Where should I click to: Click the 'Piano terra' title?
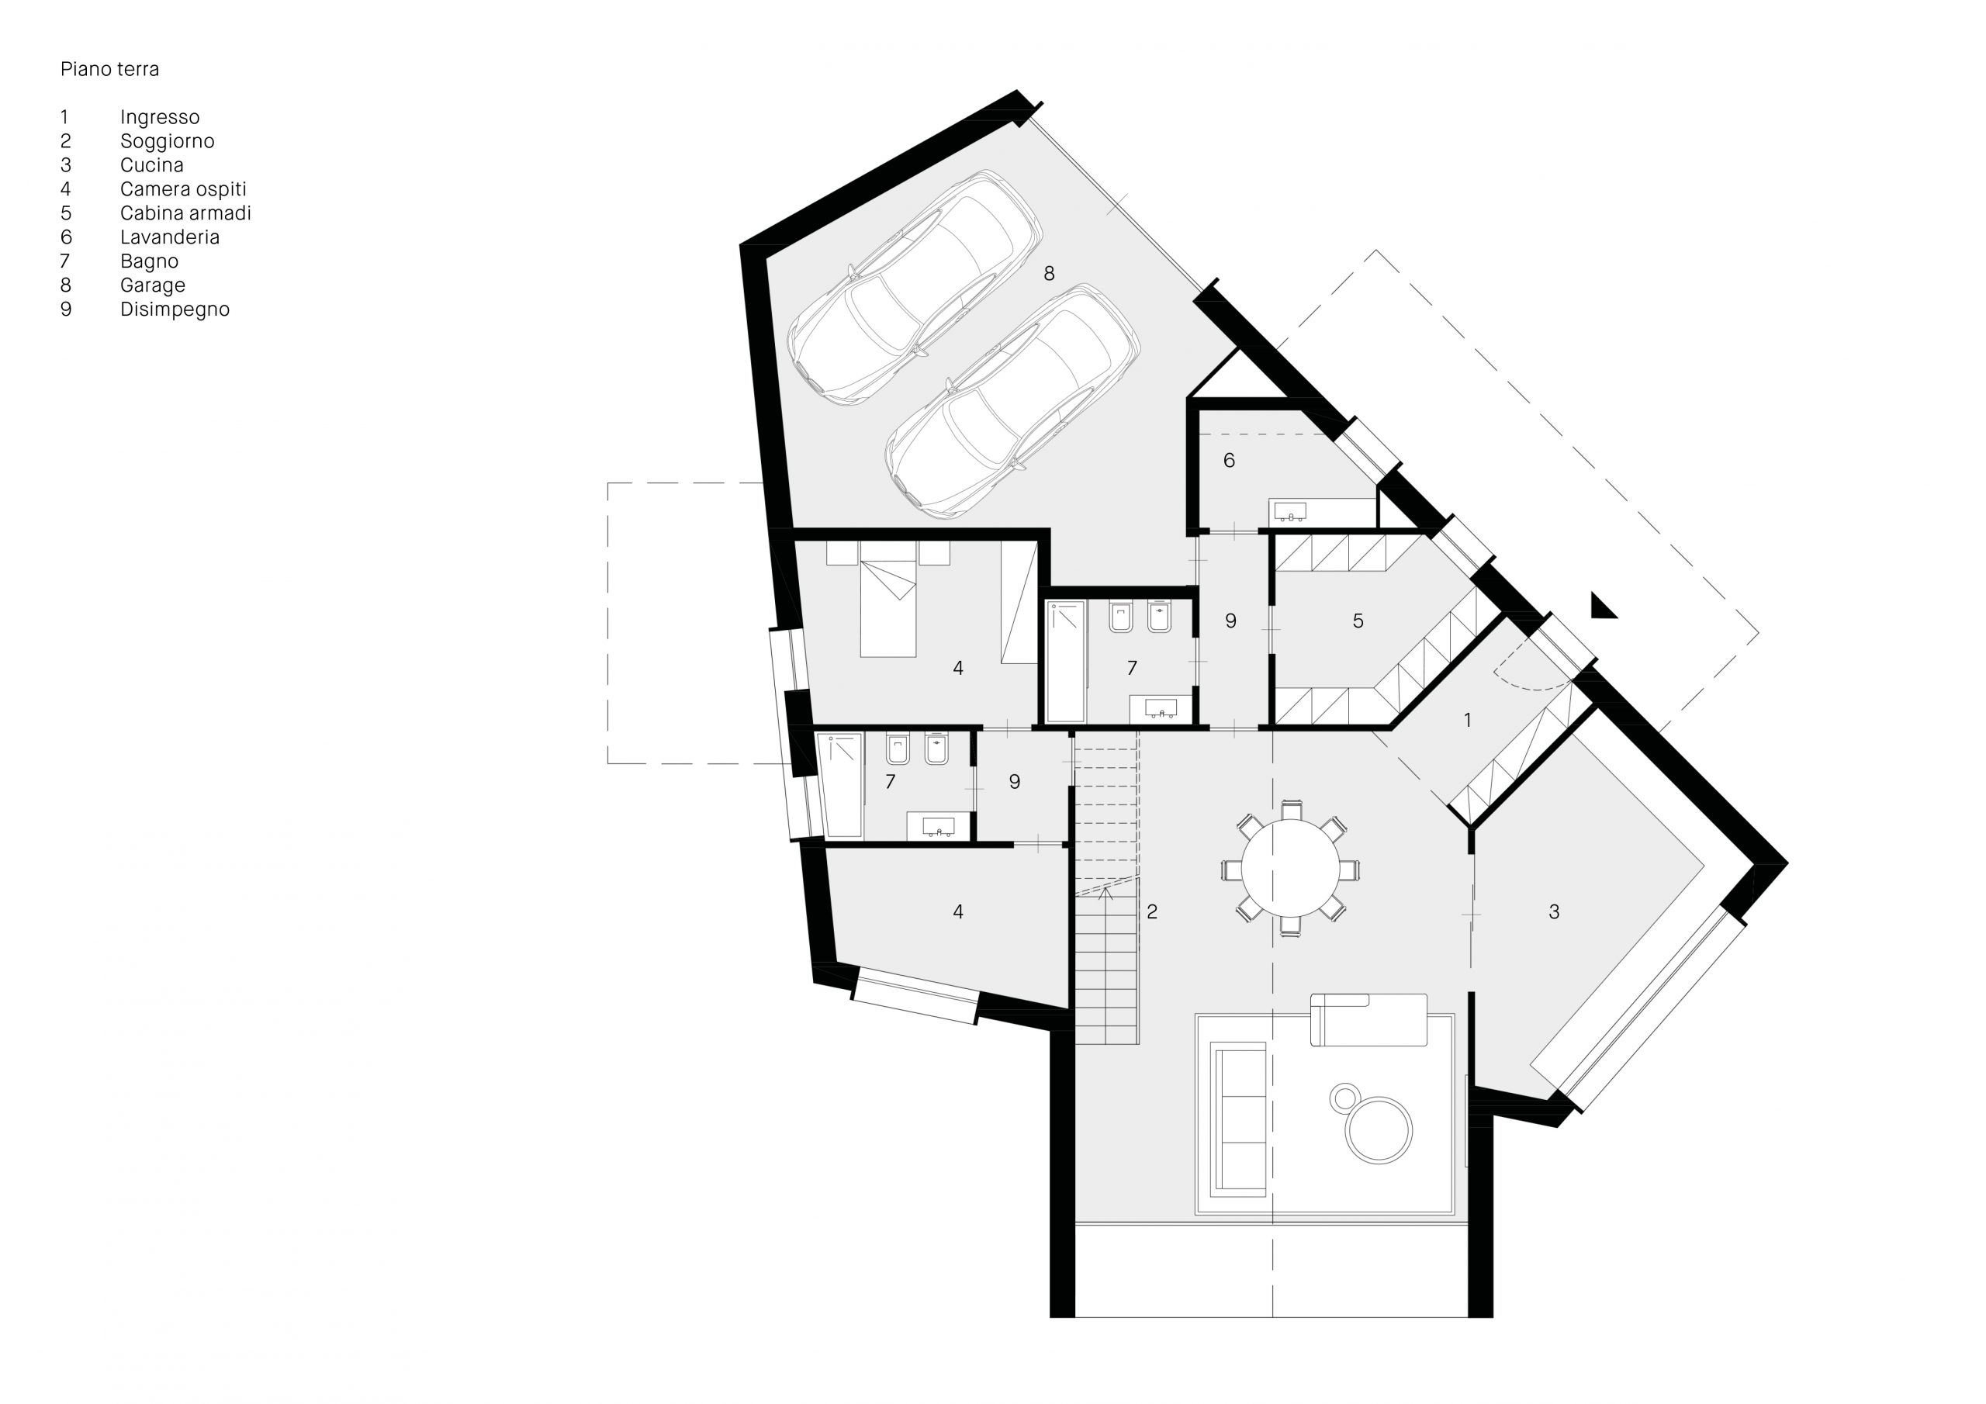tap(110, 69)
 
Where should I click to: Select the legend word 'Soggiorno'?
tap(167, 141)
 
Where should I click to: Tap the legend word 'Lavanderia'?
tap(170, 237)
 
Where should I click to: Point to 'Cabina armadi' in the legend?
tap(185, 213)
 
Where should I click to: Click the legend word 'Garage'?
tap(152, 285)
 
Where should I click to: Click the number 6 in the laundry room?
tap(1229, 460)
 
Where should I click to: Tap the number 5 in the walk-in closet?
tap(1358, 621)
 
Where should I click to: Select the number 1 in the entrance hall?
tap(1467, 720)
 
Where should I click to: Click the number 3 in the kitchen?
tap(1555, 911)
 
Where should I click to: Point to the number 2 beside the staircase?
tap(1152, 911)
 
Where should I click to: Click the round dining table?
tap(1291, 869)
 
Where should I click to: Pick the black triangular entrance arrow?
tap(1603, 607)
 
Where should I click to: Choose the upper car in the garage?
tap(915, 288)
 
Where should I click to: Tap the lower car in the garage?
tap(1012, 403)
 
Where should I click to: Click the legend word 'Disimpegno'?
tap(175, 310)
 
